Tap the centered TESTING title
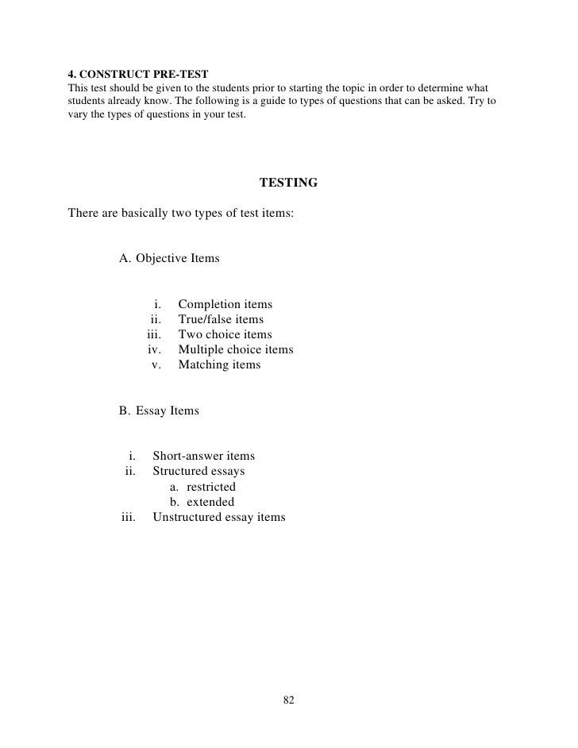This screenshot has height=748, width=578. [x=288, y=183]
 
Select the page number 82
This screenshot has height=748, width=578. [x=288, y=700]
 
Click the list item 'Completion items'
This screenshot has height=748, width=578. [x=225, y=305]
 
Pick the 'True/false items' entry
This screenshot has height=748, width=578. [x=221, y=320]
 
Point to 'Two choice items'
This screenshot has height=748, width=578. [x=225, y=335]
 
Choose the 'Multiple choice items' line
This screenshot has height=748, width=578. [x=236, y=350]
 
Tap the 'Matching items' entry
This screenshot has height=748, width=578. [x=219, y=365]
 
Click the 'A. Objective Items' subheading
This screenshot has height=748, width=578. [x=169, y=259]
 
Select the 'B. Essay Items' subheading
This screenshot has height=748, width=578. [x=159, y=411]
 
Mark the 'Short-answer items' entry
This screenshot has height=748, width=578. [x=203, y=457]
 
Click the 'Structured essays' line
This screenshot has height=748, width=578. [x=198, y=472]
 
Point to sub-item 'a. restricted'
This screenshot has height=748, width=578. [x=202, y=487]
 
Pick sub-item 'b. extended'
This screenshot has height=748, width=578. [x=202, y=502]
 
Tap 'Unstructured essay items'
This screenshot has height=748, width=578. [x=218, y=518]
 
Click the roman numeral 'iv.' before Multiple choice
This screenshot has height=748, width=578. [x=155, y=350]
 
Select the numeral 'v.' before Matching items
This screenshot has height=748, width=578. [x=156, y=365]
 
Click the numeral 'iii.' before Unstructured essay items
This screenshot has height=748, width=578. [x=129, y=518]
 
